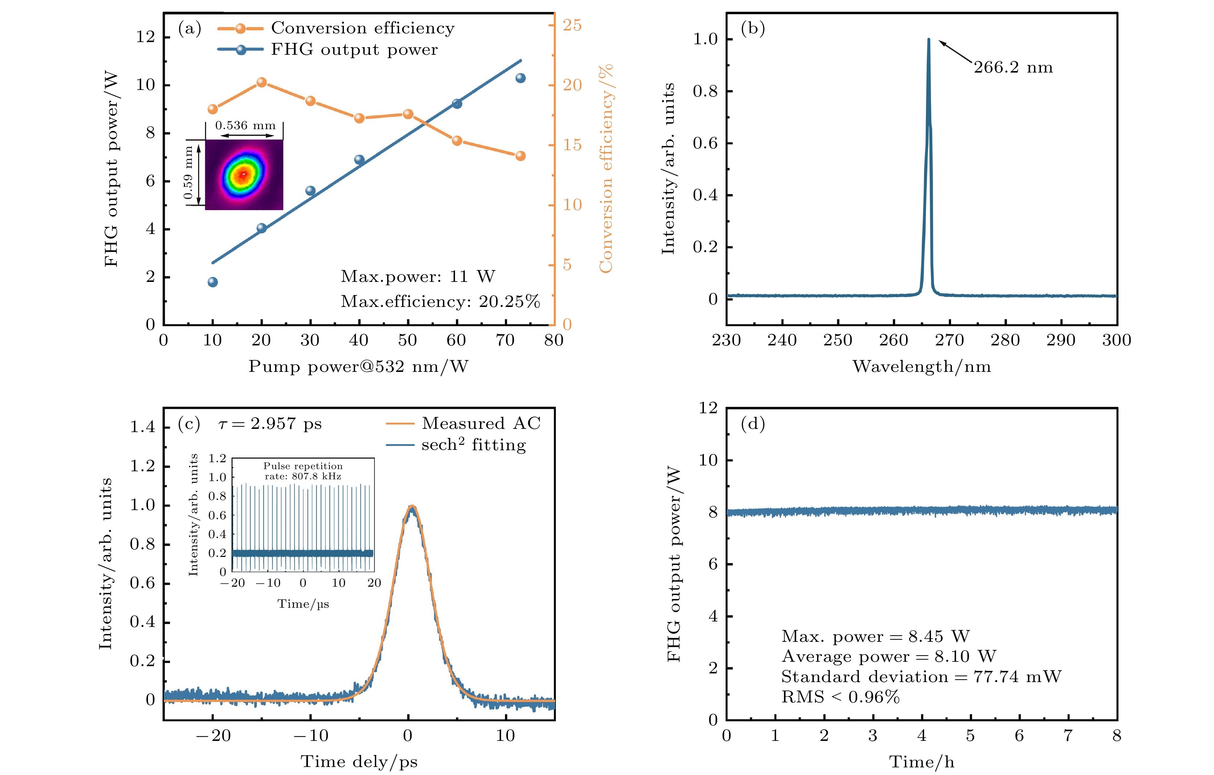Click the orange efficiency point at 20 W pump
coord(261,82)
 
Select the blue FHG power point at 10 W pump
coord(213,282)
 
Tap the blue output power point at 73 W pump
coord(520,78)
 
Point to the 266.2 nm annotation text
coord(1013,67)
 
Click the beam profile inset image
coord(244,175)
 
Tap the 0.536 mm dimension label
coord(246,126)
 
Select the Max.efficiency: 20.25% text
coord(440,302)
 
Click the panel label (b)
coord(753,29)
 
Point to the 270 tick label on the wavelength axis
coord(949,340)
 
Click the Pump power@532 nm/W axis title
coord(358,366)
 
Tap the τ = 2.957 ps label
coord(270,424)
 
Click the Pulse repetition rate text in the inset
coord(303,471)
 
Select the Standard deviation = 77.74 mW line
coord(921,677)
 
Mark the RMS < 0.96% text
coord(840,697)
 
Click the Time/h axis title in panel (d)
coord(922,761)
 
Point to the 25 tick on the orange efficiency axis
coord(572,25)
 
